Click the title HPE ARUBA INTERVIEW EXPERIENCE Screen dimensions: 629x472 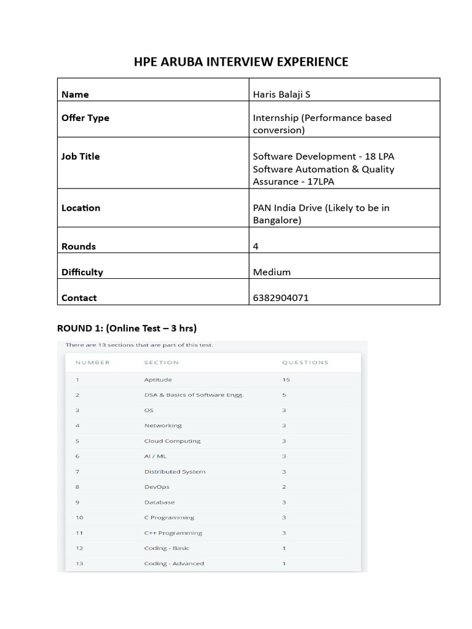(x=241, y=61)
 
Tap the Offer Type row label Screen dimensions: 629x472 (x=85, y=118)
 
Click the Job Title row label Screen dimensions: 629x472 (x=81, y=156)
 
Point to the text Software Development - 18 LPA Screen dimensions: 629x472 (x=323, y=156)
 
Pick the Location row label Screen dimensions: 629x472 (x=81, y=208)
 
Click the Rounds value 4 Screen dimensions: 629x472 (x=256, y=246)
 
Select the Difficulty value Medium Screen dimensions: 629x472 (x=272, y=272)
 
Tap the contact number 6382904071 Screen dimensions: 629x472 (x=280, y=298)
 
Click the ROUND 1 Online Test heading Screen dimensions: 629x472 (x=127, y=327)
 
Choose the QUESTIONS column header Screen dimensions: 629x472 (x=305, y=362)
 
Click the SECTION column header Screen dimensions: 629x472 (x=162, y=362)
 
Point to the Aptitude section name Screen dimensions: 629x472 (x=158, y=380)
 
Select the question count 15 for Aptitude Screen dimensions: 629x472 (x=286, y=380)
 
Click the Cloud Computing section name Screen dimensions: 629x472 (x=172, y=441)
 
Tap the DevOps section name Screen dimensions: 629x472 (x=157, y=487)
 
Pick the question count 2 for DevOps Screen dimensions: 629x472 (x=284, y=487)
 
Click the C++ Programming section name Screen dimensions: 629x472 (x=173, y=533)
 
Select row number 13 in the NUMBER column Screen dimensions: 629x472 (x=79, y=564)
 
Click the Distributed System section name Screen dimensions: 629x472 (x=175, y=472)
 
